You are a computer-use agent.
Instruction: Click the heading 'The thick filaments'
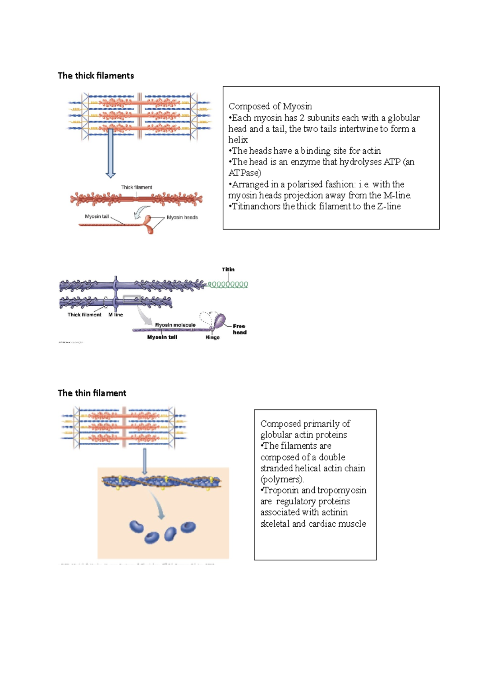point(96,76)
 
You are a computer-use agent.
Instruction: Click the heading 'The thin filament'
point(92,393)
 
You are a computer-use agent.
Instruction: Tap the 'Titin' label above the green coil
point(228,270)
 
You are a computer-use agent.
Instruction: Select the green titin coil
point(228,285)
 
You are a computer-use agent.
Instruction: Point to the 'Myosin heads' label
point(182,217)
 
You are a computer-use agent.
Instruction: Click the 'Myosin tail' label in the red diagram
point(97,217)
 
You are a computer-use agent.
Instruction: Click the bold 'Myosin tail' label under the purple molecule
point(162,337)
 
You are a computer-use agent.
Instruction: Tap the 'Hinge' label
point(212,337)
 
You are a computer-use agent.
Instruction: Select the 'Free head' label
point(239,329)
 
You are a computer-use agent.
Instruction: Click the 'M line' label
point(116,315)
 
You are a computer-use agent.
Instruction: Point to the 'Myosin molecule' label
point(175,325)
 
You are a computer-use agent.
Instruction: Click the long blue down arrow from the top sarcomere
point(111,153)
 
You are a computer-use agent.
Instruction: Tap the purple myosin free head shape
point(220,320)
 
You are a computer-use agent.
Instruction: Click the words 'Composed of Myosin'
point(270,106)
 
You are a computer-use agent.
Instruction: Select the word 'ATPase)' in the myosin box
point(245,173)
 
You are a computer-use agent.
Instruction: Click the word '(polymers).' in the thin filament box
point(282,479)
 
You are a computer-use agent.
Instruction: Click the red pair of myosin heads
point(149,224)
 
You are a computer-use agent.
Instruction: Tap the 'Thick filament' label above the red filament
point(137,187)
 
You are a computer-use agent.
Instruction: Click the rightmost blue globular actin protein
point(188,528)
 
